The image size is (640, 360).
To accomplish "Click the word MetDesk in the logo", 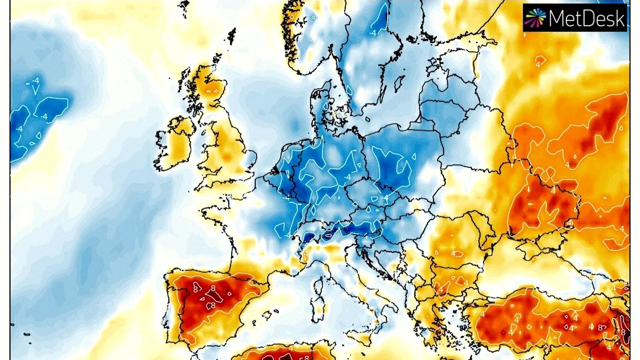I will (587, 18).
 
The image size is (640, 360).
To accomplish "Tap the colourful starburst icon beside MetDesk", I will (535, 18).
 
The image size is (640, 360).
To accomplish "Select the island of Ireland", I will (175, 142).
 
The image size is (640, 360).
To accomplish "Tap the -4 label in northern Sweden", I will (372, 33).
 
